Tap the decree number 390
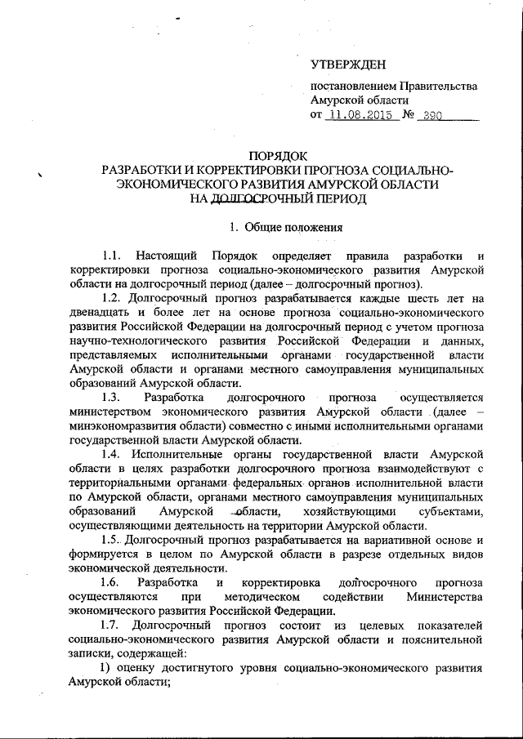[433, 116]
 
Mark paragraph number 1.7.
[113, 625]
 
